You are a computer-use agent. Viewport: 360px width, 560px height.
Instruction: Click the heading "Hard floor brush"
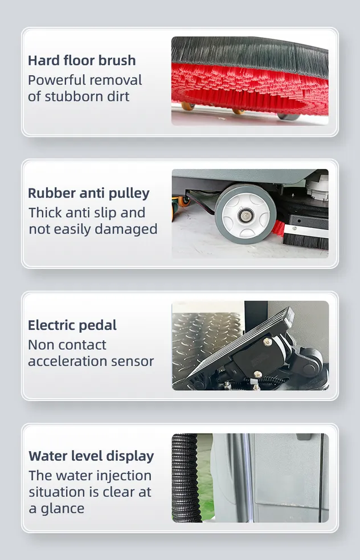pyautogui.click(x=82, y=60)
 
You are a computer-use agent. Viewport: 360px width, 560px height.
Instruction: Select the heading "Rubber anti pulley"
pyautogui.click(x=88, y=193)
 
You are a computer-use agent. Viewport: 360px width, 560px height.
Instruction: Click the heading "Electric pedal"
pyautogui.click(x=72, y=325)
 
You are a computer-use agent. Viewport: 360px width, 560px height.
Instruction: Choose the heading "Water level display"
pyautogui.click(x=91, y=456)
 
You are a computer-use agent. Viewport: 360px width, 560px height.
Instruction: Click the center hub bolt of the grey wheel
pyautogui.click(x=246, y=215)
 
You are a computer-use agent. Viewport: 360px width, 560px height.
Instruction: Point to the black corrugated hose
pyautogui.click(x=185, y=478)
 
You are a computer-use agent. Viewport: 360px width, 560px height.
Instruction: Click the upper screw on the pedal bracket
pyautogui.click(x=267, y=342)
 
